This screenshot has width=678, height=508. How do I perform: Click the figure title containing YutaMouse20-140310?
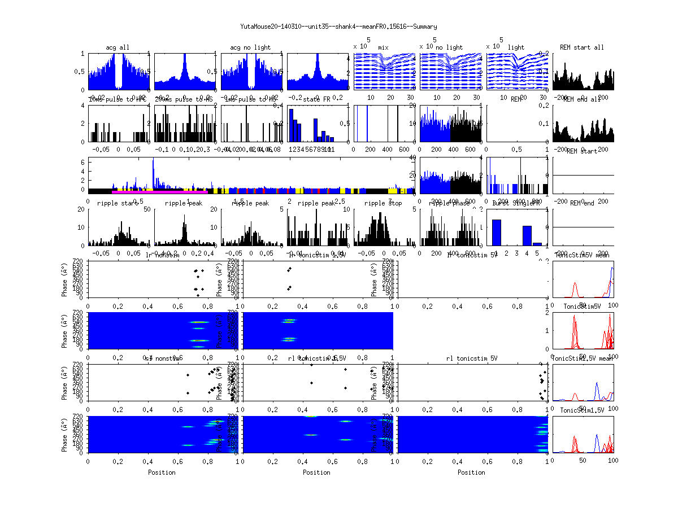pos(338,27)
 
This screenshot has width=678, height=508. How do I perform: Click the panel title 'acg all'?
pos(118,47)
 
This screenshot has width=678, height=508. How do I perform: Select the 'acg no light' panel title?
pos(250,47)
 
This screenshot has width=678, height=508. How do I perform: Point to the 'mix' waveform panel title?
pos(384,47)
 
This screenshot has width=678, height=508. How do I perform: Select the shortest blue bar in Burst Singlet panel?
pos(537,244)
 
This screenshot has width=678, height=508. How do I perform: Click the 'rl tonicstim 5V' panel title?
pos(472,358)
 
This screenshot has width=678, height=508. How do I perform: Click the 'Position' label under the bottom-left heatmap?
pos(162,472)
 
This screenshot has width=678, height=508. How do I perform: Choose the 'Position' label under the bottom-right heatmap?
pos(472,472)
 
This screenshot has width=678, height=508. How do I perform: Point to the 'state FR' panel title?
pos(317,99)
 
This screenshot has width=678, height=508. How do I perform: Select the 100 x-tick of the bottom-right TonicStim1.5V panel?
pos(613,461)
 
